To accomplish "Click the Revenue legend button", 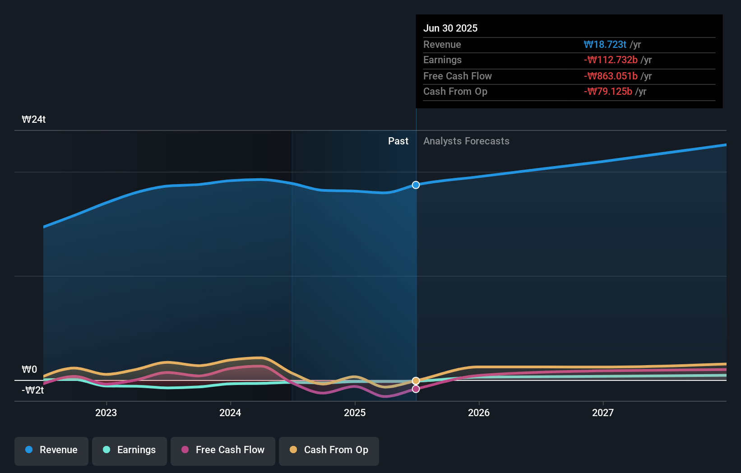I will pyautogui.click(x=51, y=450).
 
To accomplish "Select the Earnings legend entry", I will pyautogui.click(x=130, y=450).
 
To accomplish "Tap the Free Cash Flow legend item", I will pyautogui.click(x=223, y=450).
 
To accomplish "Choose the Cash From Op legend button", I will pyautogui.click(x=329, y=450).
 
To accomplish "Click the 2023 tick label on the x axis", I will pyautogui.click(x=106, y=413).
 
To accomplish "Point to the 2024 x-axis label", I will pyautogui.click(x=230, y=413).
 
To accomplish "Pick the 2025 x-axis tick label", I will pyautogui.click(x=355, y=413).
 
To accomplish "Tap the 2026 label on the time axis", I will pyautogui.click(x=479, y=413).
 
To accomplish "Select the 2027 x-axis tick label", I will pyautogui.click(x=603, y=413).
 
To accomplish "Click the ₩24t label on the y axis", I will pyautogui.click(x=34, y=120).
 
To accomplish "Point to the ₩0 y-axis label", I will pyautogui.click(x=29, y=370).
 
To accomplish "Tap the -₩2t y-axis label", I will pyautogui.click(x=33, y=390).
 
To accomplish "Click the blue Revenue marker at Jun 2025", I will pyautogui.click(x=416, y=185).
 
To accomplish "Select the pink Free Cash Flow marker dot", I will pyautogui.click(x=416, y=389).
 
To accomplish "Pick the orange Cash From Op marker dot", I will pyautogui.click(x=416, y=381).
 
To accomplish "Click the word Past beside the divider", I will pyautogui.click(x=398, y=141).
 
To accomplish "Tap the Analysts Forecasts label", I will pyautogui.click(x=466, y=141).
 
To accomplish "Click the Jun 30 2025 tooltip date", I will pyautogui.click(x=450, y=28).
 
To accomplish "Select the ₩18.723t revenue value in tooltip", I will pyautogui.click(x=605, y=45).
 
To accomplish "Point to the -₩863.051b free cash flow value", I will pyautogui.click(x=611, y=76).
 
